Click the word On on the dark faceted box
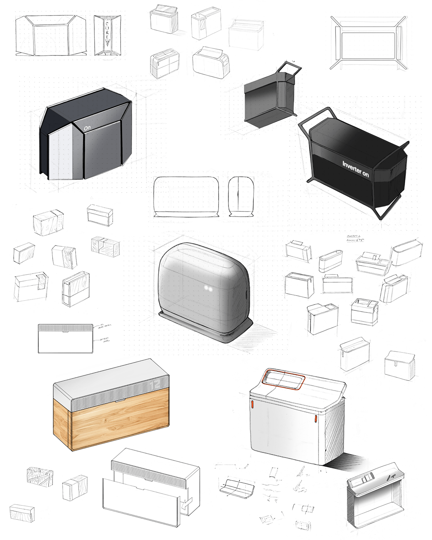(87, 128)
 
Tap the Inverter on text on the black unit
(355, 169)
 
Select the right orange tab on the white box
(316, 419)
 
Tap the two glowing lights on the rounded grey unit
(208, 288)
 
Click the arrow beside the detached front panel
(186, 503)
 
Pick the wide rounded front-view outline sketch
(186, 197)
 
